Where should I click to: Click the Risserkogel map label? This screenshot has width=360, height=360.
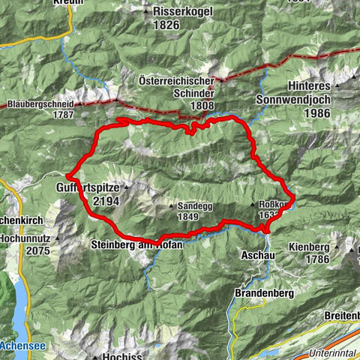coord(181,12)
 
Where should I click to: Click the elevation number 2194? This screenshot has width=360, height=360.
coord(106,200)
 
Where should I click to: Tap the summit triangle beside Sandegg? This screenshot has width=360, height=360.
coord(169,205)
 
